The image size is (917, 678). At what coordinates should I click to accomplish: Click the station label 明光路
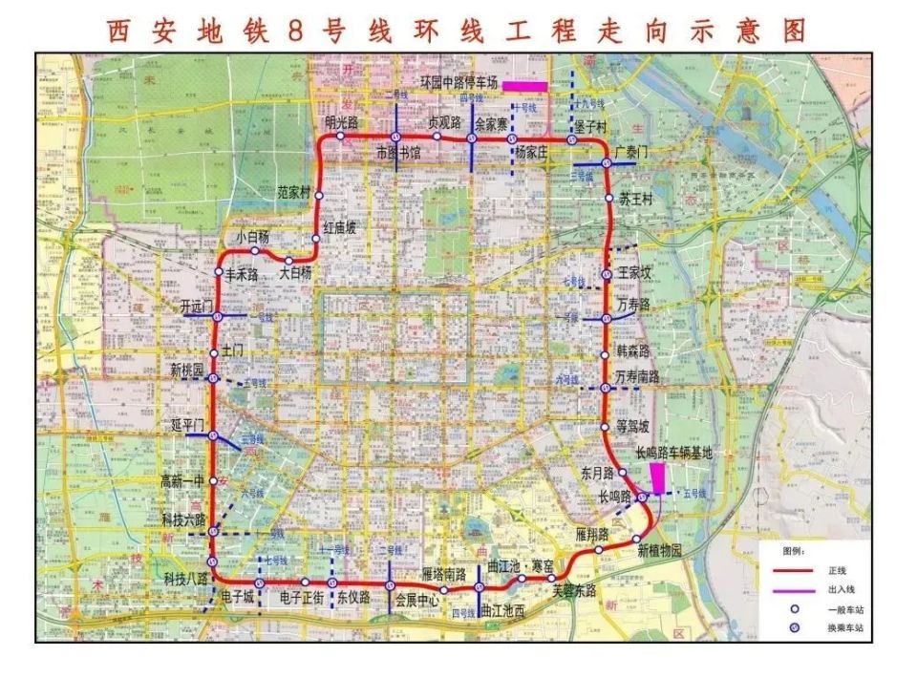click(x=341, y=122)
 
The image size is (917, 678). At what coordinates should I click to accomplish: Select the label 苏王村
click(x=635, y=200)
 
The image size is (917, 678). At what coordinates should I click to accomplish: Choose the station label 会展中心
click(x=416, y=601)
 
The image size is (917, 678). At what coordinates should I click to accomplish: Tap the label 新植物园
click(x=658, y=551)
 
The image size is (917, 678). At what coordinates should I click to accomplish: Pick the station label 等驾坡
click(x=633, y=426)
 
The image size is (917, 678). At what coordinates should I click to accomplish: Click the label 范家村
click(x=294, y=192)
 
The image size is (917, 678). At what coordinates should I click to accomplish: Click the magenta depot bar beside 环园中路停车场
click(x=524, y=86)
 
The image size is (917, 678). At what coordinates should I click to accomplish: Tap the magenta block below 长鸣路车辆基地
click(x=657, y=478)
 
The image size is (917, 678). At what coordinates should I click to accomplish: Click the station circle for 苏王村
click(x=608, y=199)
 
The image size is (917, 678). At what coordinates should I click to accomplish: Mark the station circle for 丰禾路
click(x=219, y=272)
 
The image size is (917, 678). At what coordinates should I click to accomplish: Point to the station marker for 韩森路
click(x=605, y=354)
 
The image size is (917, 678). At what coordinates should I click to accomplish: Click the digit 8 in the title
click(x=294, y=30)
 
